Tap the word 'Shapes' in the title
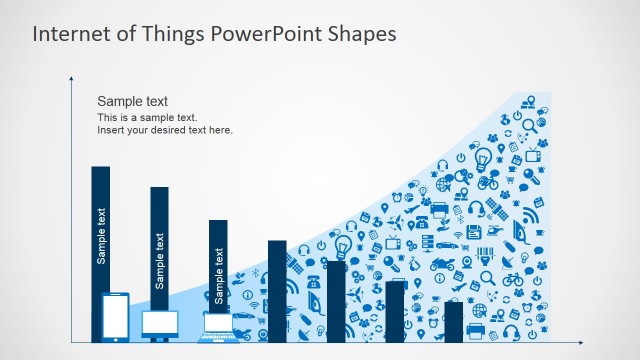click(x=360, y=33)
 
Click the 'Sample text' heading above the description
click(x=132, y=101)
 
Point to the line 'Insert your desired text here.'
click(x=164, y=130)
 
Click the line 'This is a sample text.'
click(x=147, y=117)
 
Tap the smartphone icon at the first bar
click(x=116, y=317)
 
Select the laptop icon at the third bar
click(x=218, y=325)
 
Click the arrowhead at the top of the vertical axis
click(x=72, y=78)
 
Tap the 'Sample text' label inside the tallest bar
click(x=101, y=235)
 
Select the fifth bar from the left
click(x=336, y=300)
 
